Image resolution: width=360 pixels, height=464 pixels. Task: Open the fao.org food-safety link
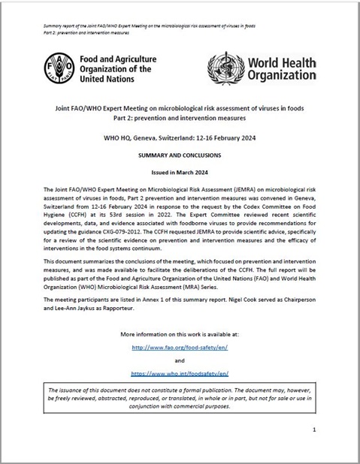180,348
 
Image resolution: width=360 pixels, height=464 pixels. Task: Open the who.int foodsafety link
180,372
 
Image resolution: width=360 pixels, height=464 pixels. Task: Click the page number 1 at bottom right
313,429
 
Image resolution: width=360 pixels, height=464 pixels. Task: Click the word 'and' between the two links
180,360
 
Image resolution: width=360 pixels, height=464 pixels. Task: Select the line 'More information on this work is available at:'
180,333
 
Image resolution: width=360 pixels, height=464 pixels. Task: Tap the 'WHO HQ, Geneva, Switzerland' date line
180,138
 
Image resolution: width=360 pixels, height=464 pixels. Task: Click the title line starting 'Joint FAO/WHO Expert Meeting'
180,108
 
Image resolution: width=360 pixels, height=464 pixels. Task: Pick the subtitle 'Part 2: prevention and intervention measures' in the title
180,119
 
